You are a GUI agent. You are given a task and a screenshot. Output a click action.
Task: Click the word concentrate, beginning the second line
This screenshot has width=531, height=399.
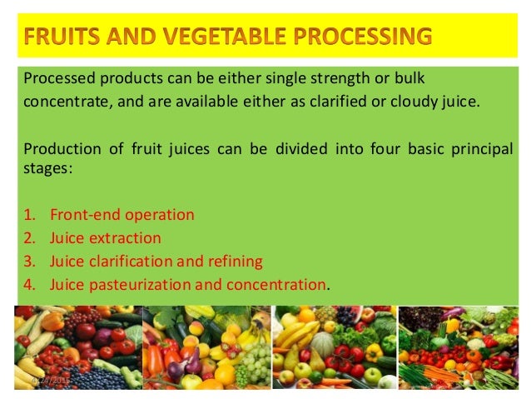(x=62, y=102)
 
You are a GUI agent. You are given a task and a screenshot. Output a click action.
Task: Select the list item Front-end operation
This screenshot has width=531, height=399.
(x=122, y=215)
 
